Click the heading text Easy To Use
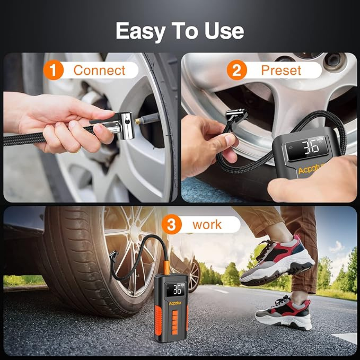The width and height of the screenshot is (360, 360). click(180, 31)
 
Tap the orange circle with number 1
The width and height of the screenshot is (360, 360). click(53, 70)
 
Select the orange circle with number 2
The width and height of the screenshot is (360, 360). click(237, 70)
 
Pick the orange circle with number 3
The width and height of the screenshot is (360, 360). click(171, 225)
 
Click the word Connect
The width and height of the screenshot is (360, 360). click(99, 70)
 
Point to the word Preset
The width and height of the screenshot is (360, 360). click(281, 70)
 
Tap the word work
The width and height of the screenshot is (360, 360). click(207, 225)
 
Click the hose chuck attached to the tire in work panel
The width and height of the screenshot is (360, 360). click(113, 257)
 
